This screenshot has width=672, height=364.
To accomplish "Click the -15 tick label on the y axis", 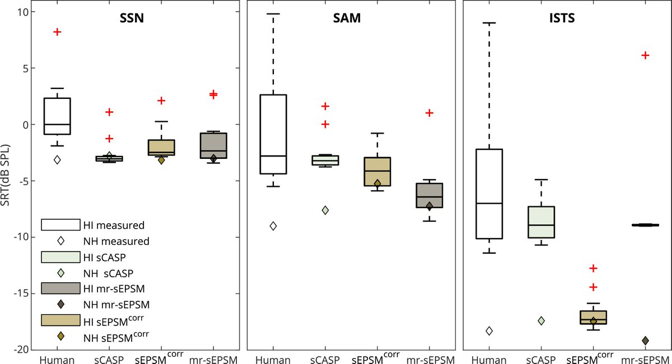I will tap(19, 294).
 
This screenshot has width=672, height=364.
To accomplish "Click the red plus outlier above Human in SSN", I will tap(57, 32).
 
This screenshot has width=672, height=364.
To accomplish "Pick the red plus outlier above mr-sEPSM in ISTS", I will tap(645, 55).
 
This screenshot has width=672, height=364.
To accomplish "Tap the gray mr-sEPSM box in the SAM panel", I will tap(429, 195).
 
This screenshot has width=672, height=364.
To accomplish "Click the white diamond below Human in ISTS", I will tap(489, 331).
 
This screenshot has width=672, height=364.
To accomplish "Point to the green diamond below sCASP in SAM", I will tap(325, 210).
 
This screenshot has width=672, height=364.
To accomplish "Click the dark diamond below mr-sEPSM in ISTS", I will tap(645, 341).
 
